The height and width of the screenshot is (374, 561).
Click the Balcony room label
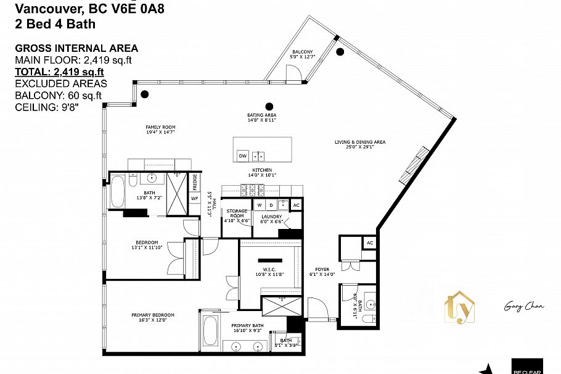coord(303,54)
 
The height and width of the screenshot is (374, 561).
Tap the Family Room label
coord(144,130)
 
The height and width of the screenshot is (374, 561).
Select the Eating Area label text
coord(261,117)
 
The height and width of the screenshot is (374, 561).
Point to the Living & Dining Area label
coord(360,144)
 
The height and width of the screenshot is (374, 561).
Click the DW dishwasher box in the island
coord(242,156)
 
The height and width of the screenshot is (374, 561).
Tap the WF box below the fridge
coord(194,198)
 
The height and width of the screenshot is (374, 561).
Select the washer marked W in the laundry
coord(260,204)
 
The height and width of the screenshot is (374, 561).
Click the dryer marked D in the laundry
coord(270,204)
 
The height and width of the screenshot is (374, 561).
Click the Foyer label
coord(322,272)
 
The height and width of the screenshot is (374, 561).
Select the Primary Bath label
coord(247,328)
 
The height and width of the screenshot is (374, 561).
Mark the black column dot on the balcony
coord(340,52)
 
